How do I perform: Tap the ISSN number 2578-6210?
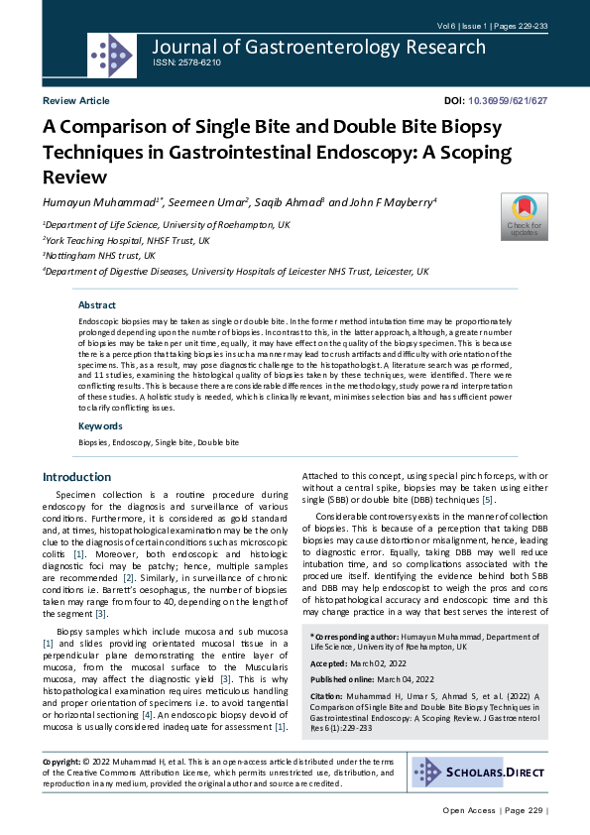tap(186, 62)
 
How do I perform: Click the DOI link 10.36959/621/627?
tap(508, 101)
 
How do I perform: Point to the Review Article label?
tap(76, 101)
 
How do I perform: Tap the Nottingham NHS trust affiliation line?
tap(99, 256)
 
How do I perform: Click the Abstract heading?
tap(97, 305)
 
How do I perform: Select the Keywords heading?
tap(100, 426)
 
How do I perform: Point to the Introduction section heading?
tap(77, 477)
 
